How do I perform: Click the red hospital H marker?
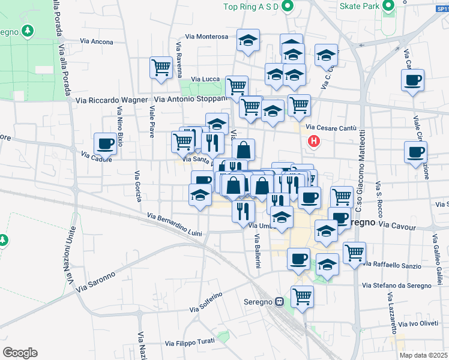(x=313, y=142)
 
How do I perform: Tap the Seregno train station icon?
(x=279, y=302)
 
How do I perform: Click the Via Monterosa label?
(x=206, y=37)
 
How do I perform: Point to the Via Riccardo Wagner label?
(x=112, y=100)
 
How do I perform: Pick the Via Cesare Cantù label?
(x=331, y=127)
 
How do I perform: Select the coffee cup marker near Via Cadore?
(x=106, y=144)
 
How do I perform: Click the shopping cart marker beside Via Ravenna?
(x=161, y=67)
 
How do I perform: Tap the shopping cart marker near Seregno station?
(x=302, y=296)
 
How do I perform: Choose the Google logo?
(x=20, y=352)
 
